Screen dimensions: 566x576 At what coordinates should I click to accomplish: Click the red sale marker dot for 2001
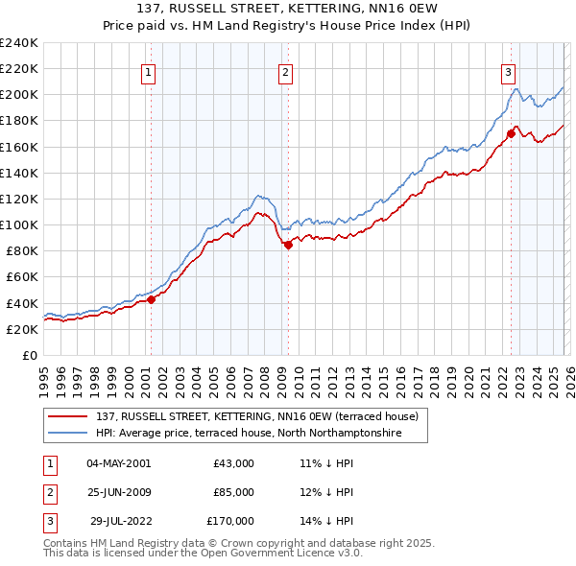click(151, 299)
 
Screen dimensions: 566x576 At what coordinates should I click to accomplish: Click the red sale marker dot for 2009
click(288, 245)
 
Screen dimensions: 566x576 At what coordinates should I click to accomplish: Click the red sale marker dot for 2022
click(511, 134)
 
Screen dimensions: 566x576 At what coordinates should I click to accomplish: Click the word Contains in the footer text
click(67, 543)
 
